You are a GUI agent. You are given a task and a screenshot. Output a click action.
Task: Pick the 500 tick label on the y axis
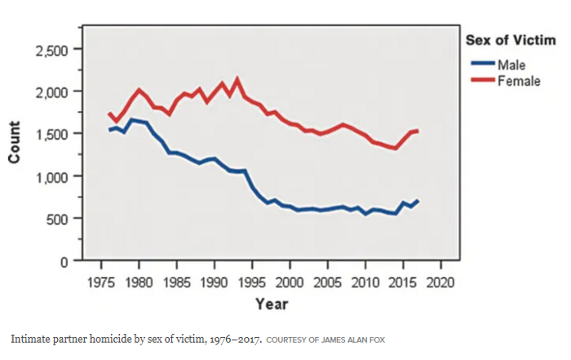click(60, 219)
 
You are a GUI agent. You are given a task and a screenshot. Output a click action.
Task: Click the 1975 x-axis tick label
click(101, 282)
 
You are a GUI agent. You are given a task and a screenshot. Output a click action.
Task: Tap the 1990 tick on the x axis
click(215, 282)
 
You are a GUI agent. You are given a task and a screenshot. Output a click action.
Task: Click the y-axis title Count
click(15, 144)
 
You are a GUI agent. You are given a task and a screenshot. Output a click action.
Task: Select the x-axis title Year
click(271, 304)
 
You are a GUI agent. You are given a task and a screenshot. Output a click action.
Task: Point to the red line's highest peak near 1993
click(237, 80)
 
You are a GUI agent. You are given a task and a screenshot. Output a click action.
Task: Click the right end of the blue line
click(418, 200)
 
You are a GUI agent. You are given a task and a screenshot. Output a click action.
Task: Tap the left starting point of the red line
click(109, 113)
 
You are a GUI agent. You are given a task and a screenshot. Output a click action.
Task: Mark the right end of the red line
click(418, 131)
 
